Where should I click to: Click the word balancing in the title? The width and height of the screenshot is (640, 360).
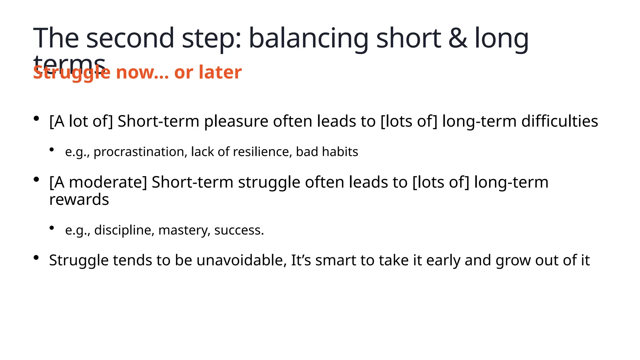(308, 39)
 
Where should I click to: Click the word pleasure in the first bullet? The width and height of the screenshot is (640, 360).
(236, 122)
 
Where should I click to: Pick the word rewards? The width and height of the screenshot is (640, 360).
(79, 200)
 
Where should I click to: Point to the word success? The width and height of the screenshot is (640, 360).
(239, 230)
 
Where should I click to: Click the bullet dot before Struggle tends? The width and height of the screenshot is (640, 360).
(36, 258)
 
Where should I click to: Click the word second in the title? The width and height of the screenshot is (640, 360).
(130, 39)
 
